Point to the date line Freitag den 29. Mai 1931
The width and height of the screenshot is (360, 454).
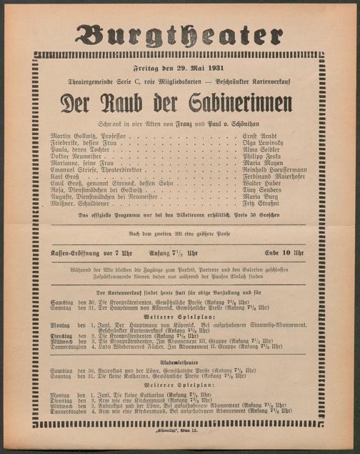179,69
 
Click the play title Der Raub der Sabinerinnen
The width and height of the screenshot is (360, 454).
179,104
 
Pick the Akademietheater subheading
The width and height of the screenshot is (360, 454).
179,361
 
